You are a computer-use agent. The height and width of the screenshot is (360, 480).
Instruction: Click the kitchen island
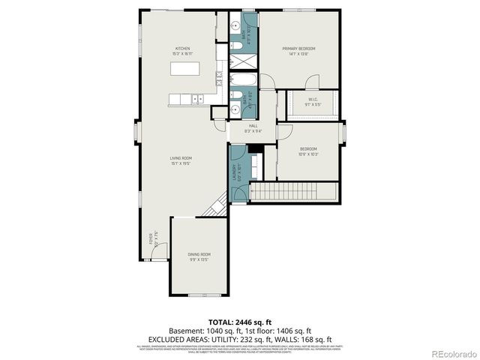(x=187, y=69)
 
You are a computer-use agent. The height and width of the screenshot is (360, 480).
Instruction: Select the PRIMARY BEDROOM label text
(x=298, y=49)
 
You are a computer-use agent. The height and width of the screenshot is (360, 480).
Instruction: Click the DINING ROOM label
(x=199, y=254)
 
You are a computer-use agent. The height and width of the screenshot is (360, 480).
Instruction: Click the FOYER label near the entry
(x=150, y=240)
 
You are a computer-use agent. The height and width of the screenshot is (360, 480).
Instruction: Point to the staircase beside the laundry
(x=295, y=193)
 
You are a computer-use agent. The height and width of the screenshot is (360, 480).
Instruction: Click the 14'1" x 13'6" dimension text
(x=298, y=54)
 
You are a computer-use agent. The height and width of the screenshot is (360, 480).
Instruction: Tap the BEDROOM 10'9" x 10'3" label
(x=308, y=151)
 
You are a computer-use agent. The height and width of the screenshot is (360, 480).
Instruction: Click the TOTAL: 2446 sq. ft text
(x=239, y=320)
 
